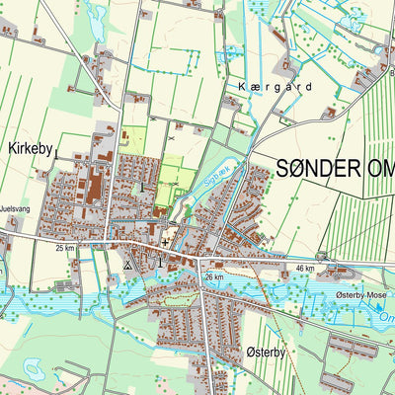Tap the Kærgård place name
(275, 87)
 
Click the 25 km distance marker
(65, 248)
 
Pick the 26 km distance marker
(214, 277)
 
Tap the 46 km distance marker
(304, 268)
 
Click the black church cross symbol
(164, 240)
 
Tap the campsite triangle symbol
(127, 265)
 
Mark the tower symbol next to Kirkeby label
(143, 186)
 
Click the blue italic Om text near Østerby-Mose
(386, 318)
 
